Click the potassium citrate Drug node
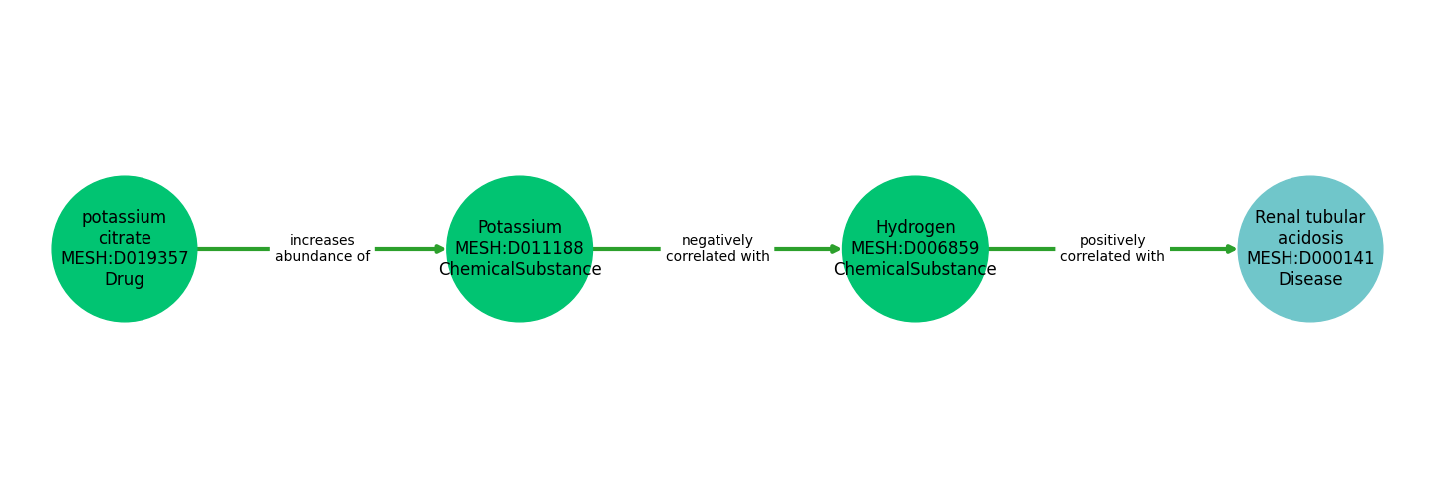click(x=125, y=249)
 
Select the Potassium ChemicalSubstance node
click(x=519, y=249)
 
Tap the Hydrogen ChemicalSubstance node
click(x=915, y=249)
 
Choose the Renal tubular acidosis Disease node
click(x=1310, y=249)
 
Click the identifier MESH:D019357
click(x=125, y=259)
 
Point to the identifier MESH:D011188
click(x=519, y=248)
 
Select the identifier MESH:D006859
click(x=915, y=248)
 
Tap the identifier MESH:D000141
click(x=1310, y=259)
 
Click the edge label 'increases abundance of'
click(x=322, y=248)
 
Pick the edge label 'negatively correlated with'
click(x=717, y=248)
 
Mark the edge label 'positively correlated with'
click(x=1112, y=248)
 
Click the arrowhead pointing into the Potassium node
click(x=440, y=249)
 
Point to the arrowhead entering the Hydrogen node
click(x=836, y=249)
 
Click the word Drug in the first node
click(x=125, y=279)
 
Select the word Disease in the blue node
click(x=1310, y=279)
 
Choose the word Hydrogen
click(x=915, y=228)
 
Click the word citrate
click(x=125, y=238)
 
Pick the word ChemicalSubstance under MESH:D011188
click(x=519, y=270)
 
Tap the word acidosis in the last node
click(x=1310, y=238)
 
